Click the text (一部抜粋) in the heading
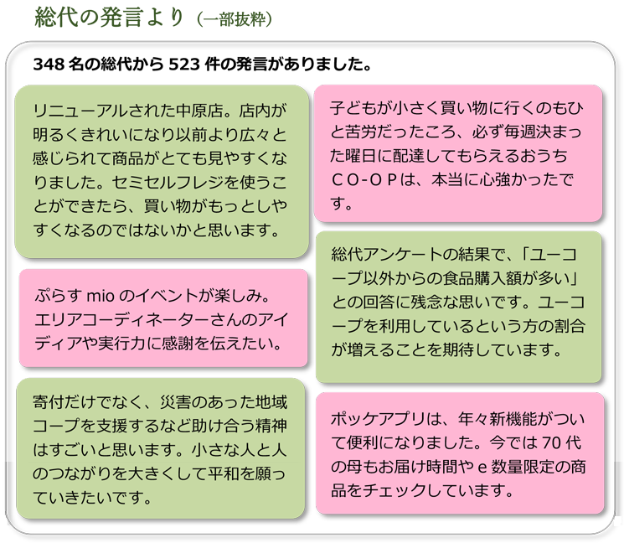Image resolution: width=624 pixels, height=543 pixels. [x=235, y=19]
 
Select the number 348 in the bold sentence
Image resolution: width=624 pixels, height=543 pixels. [x=49, y=64]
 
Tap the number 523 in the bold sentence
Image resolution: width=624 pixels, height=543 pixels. [x=184, y=64]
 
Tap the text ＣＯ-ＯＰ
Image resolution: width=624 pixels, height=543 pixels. [x=364, y=180]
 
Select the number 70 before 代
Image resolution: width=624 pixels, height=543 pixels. [x=551, y=442]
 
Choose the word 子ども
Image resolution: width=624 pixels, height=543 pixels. [x=353, y=108]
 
